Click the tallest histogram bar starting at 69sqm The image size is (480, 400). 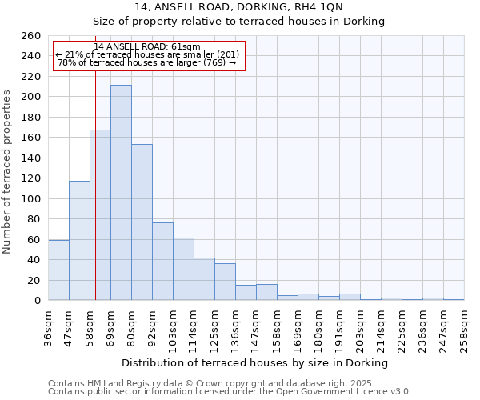(121, 193)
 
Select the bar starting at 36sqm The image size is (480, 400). (58, 270)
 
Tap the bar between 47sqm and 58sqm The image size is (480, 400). (79, 241)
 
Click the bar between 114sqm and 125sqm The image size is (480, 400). (204, 279)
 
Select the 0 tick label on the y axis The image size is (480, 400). (38, 301)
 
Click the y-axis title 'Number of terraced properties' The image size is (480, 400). (8, 172)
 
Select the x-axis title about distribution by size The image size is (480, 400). (255, 362)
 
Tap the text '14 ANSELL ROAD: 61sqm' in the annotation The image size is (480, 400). (147, 46)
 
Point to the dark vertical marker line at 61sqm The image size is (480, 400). (95, 200)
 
